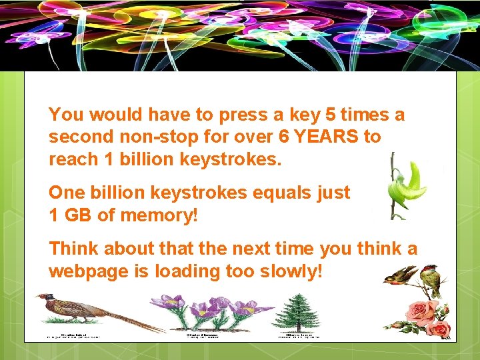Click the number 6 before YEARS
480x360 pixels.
(284, 137)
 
